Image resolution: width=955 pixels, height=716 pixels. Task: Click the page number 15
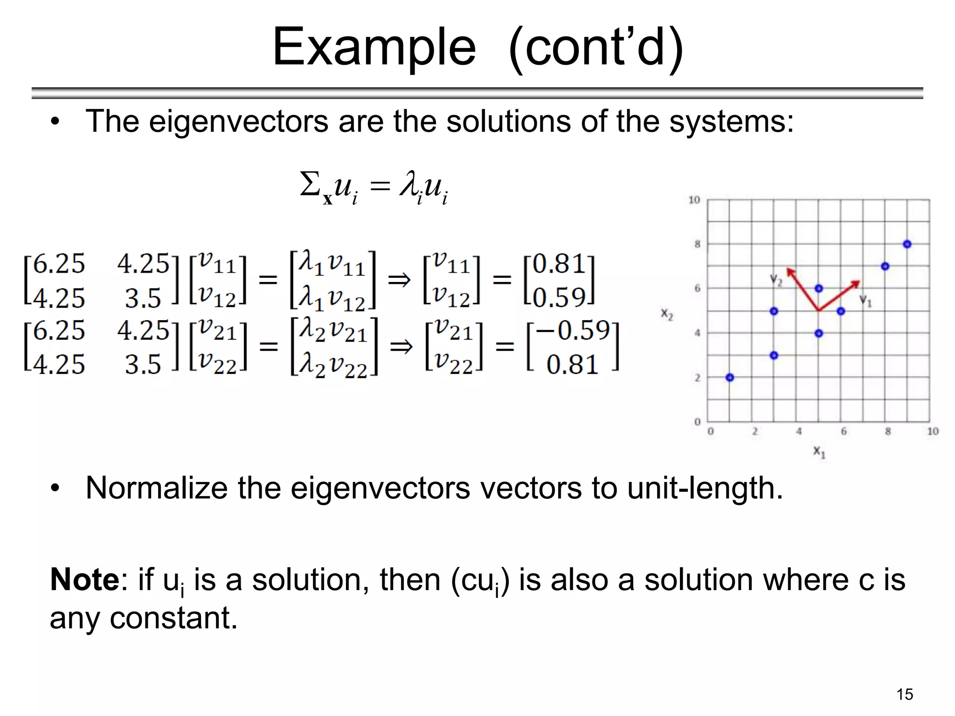click(x=905, y=694)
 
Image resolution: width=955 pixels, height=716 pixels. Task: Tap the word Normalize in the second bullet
click(x=157, y=488)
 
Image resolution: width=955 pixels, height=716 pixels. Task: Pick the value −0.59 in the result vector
click(x=573, y=330)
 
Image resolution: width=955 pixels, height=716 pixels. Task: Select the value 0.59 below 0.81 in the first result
click(x=559, y=297)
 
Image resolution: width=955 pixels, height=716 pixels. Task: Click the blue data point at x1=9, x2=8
click(x=907, y=244)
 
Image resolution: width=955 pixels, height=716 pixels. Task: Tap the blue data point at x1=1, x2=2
click(x=730, y=377)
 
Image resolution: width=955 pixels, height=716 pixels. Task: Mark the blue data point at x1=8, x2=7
click(x=885, y=266)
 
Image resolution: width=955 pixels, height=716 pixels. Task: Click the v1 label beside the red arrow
click(x=865, y=301)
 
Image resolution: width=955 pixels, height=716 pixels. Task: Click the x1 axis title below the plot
click(x=819, y=451)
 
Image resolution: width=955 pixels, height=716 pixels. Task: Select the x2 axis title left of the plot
click(x=667, y=314)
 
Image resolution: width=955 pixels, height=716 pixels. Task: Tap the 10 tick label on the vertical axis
click(x=694, y=200)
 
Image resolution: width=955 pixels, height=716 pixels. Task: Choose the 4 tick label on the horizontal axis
click(x=799, y=432)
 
